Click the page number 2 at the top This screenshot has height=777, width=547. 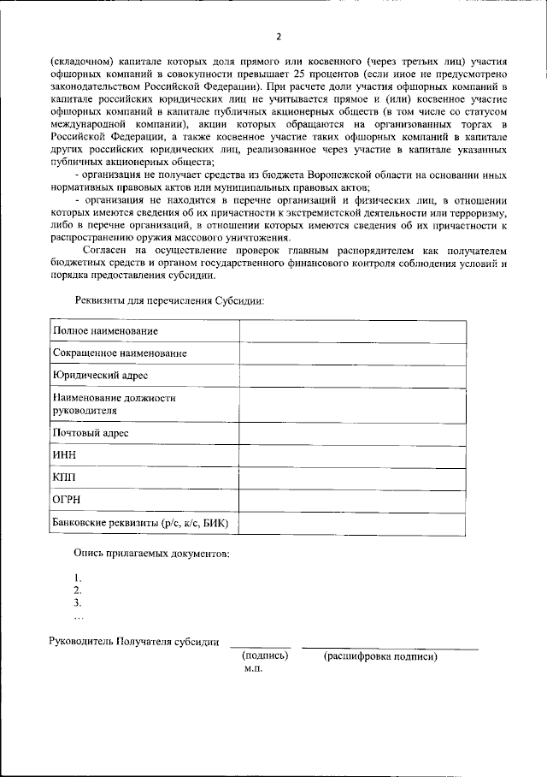pyautogui.click(x=278, y=37)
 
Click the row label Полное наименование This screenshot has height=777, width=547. pyautogui.click(x=105, y=330)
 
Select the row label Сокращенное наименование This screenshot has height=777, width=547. pyautogui.click(x=120, y=353)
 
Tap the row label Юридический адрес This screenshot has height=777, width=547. pyautogui.click(x=101, y=375)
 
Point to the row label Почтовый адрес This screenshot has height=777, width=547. pyautogui.click(x=91, y=433)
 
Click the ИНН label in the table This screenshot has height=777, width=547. pyautogui.click(x=65, y=456)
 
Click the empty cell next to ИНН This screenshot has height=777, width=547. pyautogui.click(x=352, y=456)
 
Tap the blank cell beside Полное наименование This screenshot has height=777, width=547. pyautogui.click(x=352, y=330)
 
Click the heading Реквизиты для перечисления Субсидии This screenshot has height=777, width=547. pyautogui.click(x=169, y=300)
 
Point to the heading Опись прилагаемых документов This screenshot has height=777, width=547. pyautogui.click(x=151, y=554)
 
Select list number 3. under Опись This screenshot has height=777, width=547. pyautogui.click(x=78, y=602)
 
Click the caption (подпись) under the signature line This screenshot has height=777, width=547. pyautogui.click(x=266, y=656)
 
